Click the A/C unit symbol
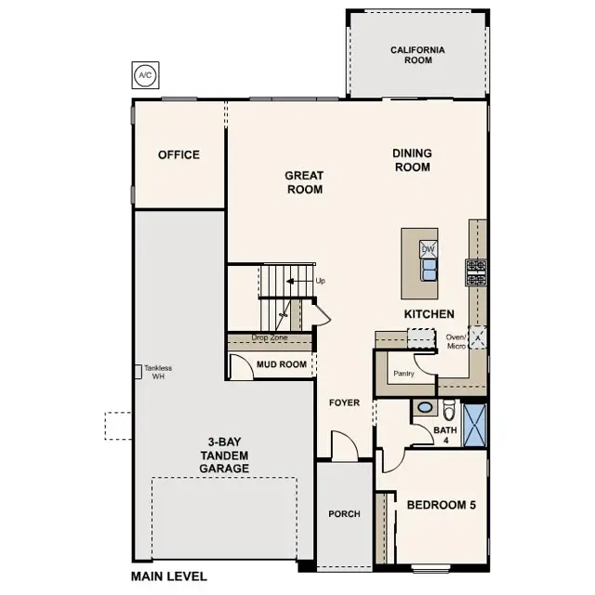pyautogui.click(x=144, y=74)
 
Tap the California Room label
pyautogui.click(x=417, y=55)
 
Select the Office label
pyautogui.click(x=178, y=154)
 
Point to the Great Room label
pyautogui.click(x=304, y=182)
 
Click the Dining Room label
pyautogui.click(x=411, y=160)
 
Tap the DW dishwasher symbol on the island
pyautogui.click(x=429, y=249)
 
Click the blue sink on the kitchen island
pyautogui.click(x=429, y=270)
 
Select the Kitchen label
pyautogui.click(x=429, y=314)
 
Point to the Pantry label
pyautogui.click(x=403, y=373)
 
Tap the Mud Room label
pyautogui.click(x=282, y=364)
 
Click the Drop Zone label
pyautogui.click(x=269, y=338)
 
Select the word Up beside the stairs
pyautogui.click(x=321, y=281)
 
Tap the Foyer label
pyautogui.click(x=344, y=403)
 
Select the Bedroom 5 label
pyautogui.click(x=441, y=506)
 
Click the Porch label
pyautogui.click(x=344, y=514)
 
